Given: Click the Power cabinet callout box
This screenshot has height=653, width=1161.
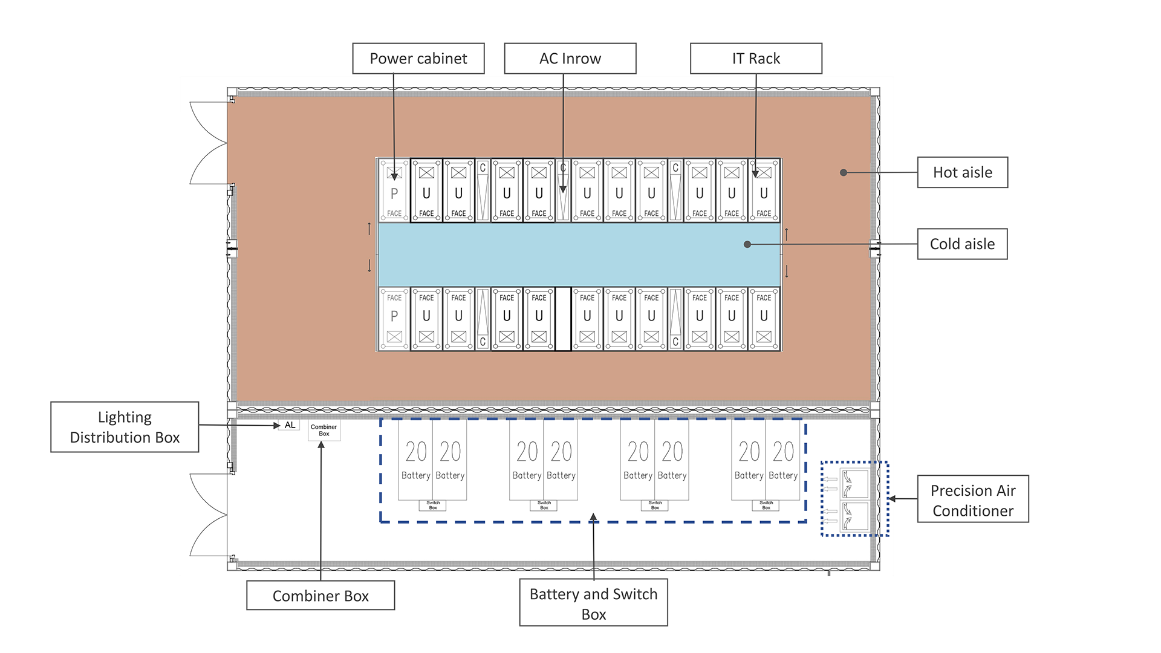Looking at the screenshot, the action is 418,59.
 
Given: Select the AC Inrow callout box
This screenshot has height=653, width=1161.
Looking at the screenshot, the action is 570,59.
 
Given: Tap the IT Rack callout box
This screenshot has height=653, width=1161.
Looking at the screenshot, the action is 756,59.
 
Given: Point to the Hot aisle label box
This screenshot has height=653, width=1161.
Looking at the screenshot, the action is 963,172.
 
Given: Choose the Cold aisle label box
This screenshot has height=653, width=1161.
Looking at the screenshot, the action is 963,244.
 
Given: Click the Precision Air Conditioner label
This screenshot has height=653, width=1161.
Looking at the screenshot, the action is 973,499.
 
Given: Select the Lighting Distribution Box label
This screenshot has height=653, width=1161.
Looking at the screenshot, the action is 125,427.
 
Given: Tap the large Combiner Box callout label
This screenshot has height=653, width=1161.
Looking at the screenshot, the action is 320,596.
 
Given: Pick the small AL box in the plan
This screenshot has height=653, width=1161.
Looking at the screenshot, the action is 290,425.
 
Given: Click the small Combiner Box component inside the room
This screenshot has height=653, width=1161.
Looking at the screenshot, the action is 324,430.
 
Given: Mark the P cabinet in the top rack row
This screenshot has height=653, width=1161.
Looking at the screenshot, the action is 394,190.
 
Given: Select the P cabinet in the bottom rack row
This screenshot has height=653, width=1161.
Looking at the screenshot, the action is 394,319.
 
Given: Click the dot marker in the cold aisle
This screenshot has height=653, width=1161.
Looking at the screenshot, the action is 747,244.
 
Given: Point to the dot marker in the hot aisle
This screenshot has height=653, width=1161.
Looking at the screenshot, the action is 844,172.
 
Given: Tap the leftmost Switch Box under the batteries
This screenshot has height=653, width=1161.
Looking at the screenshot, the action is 433,505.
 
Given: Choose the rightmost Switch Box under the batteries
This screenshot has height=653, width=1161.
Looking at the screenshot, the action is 766,505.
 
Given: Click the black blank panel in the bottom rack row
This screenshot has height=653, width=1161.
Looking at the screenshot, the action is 563,319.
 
